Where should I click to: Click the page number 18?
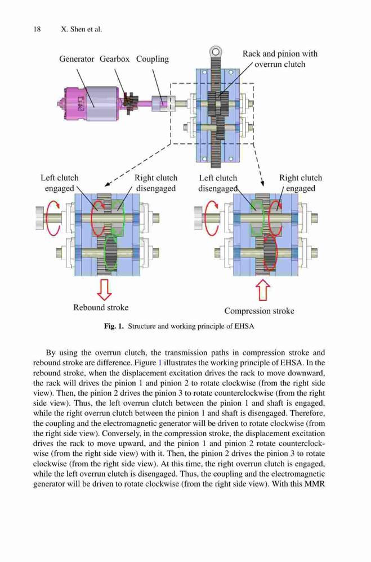pyautogui.click(x=37, y=29)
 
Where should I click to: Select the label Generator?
pyautogui.click(x=77, y=59)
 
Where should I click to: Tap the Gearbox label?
pyautogui.click(x=114, y=59)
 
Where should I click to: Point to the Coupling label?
pyautogui.click(x=152, y=59)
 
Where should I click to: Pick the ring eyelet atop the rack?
pyautogui.click(x=216, y=52)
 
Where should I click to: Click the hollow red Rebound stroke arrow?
pyautogui.click(x=105, y=289)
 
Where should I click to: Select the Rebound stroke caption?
pyautogui.click(x=101, y=307)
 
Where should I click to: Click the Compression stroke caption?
pyautogui.click(x=259, y=311)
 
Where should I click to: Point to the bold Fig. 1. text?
pyautogui.click(x=114, y=326)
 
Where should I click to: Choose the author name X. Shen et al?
pyautogui.click(x=82, y=29)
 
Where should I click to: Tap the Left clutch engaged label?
pyautogui.click(x=59, y=183)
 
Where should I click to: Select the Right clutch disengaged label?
pyautogui.click(x=156, y=183)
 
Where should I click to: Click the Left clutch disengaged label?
pyautogui.click(x=218, y=183)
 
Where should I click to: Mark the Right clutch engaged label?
pyautogui.click(x=301, y=183)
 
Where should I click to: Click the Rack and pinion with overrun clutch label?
pyautogui.click(x=280, y=59)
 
